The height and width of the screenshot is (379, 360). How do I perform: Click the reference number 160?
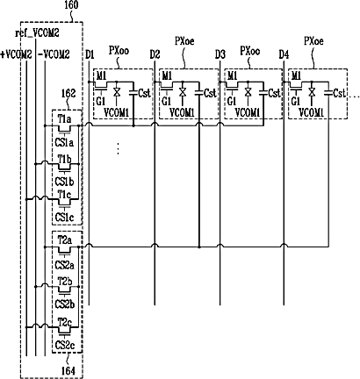point(71,5)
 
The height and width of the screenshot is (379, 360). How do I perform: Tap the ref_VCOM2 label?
point(37,33)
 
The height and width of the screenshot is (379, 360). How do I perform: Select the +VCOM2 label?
point(16,54)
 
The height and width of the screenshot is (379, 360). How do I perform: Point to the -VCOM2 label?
point(54,54)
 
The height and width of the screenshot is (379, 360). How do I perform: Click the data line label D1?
point(90,54)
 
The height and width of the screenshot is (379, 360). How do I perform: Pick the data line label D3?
point(220,54)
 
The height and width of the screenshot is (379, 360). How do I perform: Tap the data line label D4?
point(284,54)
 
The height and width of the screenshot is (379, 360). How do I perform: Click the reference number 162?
point(68,93)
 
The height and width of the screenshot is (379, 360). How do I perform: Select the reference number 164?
point(68,371)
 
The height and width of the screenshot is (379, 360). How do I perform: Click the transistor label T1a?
point(64,119)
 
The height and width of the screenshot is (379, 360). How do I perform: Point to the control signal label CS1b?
point(64,182)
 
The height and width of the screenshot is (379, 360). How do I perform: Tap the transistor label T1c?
point(64,194)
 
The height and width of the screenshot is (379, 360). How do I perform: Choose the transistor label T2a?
point(65,241)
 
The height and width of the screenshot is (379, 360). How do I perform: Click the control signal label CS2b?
point(65,304)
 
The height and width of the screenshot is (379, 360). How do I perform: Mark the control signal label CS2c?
point(65,346)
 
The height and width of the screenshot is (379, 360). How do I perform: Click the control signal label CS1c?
point(64,218)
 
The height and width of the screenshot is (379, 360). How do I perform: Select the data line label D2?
point(155,54)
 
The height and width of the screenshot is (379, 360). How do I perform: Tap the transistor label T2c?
point(65,323)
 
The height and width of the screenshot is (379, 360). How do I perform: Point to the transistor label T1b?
point(64,160)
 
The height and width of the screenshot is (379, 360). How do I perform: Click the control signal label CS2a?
point(65,265)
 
